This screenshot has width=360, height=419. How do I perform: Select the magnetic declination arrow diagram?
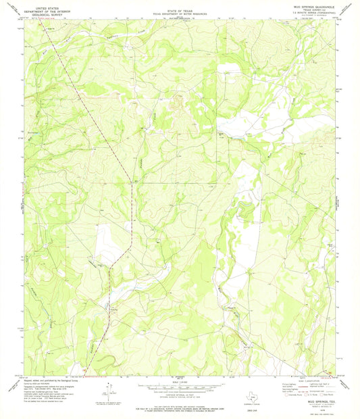109,388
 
